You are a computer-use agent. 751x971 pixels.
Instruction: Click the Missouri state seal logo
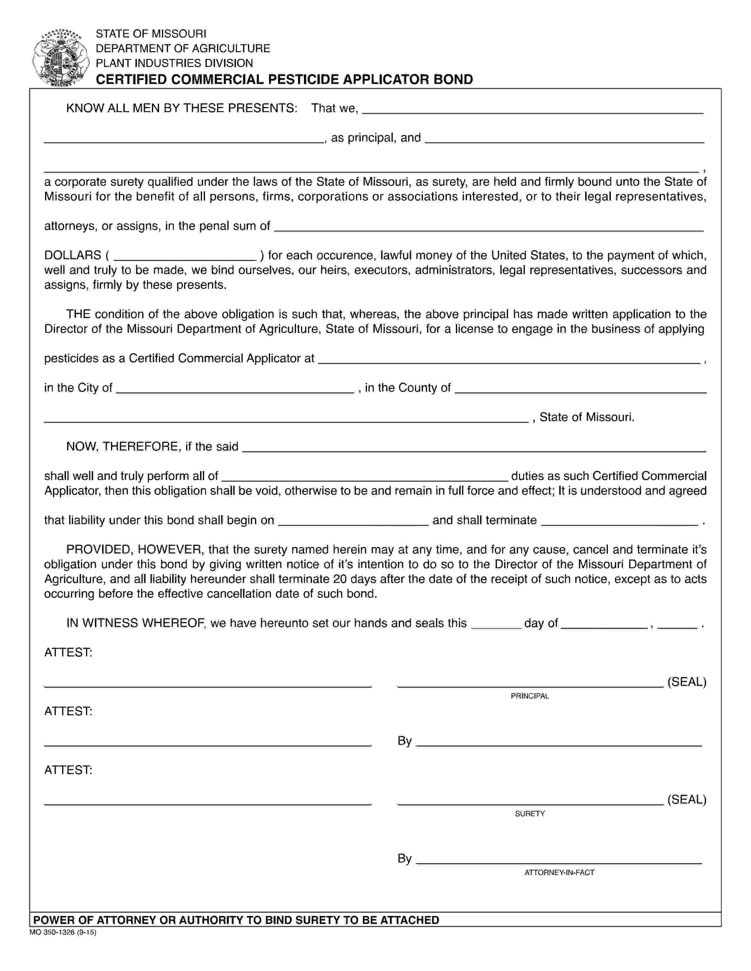pos(60,58)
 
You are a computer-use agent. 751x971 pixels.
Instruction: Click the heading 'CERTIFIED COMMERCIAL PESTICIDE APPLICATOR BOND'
pos(284,79)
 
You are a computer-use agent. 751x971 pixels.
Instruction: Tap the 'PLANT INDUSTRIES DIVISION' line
pos(174,63)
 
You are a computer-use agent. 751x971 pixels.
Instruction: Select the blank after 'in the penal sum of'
pos(489,227)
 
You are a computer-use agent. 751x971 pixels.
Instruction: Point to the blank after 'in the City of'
pos(235,389)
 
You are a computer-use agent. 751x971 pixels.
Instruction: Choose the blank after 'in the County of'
pos(580,389)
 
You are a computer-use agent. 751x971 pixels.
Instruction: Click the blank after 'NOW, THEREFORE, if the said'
pos(474,447)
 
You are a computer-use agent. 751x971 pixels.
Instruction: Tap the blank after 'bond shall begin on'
pos(353,521)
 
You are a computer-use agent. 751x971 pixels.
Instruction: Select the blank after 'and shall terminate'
pos(619,521)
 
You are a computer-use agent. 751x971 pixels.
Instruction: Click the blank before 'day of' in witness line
pos(496,624)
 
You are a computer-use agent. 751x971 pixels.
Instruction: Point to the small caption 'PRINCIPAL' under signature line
pos(530,696)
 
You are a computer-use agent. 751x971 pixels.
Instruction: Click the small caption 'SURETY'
pos(530,814)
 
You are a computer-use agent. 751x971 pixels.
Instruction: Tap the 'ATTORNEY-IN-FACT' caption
pos(559,872)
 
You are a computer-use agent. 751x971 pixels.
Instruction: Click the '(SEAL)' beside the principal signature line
pos(687,682)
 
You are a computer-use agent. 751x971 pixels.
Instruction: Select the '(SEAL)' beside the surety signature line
pos(687,800)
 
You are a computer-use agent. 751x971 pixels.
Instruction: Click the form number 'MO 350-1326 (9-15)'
pos(63,932)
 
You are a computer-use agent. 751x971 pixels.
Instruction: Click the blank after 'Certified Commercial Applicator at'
pos(510,359)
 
